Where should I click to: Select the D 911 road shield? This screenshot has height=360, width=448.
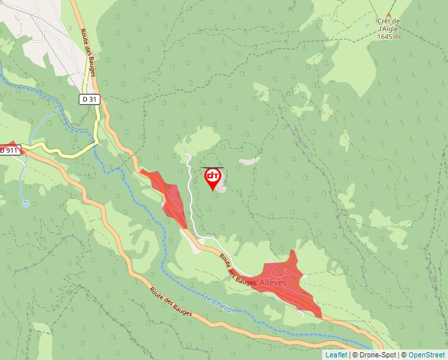point(9,150)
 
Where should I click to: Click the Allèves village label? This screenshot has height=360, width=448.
point(273,282)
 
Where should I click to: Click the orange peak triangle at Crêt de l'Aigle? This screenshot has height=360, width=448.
point(389,13)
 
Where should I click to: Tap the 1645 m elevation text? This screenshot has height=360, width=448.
point(389,37)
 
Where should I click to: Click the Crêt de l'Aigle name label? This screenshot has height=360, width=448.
point(389,25)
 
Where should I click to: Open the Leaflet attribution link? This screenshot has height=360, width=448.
point(336,355)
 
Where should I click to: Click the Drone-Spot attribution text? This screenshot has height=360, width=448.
point(377,355)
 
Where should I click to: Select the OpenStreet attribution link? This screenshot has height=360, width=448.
point(426,355)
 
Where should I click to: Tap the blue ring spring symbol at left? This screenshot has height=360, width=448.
point(26,203)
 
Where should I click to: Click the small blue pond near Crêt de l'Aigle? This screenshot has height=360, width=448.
point(367,26)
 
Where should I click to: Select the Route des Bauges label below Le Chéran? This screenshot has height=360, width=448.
point(170,302)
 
